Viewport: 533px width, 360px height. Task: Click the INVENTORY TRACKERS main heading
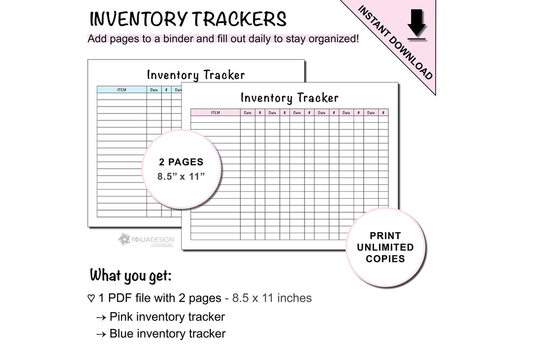[188, 20]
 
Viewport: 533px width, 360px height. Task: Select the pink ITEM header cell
[215, 113]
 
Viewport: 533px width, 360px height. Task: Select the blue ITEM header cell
[121, 90]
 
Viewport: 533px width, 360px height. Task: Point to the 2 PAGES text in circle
[181, 162]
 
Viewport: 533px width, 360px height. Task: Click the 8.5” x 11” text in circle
[181, 177]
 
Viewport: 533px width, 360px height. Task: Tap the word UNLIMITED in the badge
[385, 247]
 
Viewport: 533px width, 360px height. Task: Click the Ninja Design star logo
[124, 239]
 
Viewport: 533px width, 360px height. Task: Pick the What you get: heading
[131, 276]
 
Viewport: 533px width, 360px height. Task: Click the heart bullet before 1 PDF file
[91, 298]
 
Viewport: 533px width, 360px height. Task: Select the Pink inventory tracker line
[167, 317]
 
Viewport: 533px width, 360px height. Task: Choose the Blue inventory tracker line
[167, 334]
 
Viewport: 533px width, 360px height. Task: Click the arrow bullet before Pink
[101, 317]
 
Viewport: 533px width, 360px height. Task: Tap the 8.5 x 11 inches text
[272, 298]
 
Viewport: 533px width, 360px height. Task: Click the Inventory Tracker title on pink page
[289, 98]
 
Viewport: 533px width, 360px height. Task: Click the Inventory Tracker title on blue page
[195, 75]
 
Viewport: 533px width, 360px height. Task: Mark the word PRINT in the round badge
[385, 236]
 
